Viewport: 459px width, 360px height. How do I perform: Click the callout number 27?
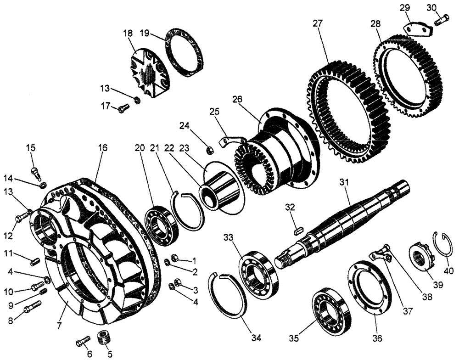pyautogui.click(x=318, y=23)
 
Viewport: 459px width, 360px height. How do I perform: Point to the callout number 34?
pyautogui.click(x=256, y=338)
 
